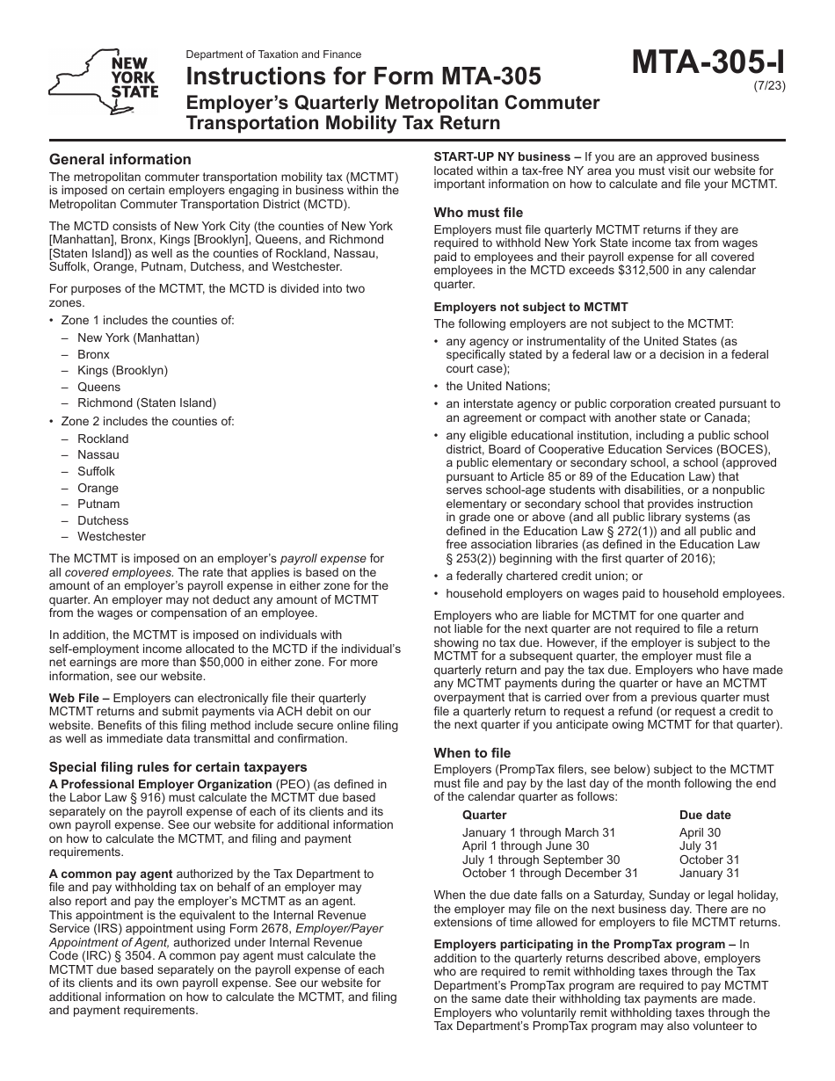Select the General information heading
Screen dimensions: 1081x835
point(120,159)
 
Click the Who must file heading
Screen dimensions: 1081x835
point(477,212)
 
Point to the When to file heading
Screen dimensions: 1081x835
point(472,752)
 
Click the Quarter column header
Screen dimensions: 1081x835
point(484,815)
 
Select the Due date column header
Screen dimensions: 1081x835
point(705,815)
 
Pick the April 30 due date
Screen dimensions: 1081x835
point(700,832)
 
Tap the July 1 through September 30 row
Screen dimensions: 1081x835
point(541,860)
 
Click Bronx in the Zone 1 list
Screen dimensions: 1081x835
point(94,354)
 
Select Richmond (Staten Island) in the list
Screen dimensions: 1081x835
point(146,403)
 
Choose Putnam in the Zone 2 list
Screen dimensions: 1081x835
point(98,504)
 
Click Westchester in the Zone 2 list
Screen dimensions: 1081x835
point(112,536)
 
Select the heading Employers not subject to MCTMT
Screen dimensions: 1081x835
point(531,307)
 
